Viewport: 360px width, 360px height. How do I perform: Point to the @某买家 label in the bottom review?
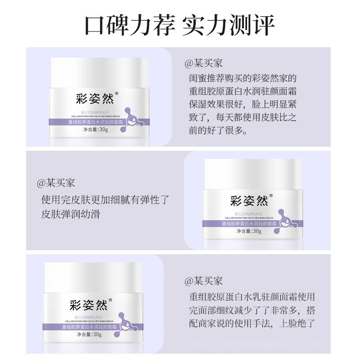[x=204, y=281]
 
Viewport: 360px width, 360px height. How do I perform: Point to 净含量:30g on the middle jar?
[x=249, y=231]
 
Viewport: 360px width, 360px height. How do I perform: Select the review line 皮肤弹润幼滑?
[x=71, y=214]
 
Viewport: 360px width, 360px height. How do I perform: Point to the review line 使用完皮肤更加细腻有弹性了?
[x=107, y=199]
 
